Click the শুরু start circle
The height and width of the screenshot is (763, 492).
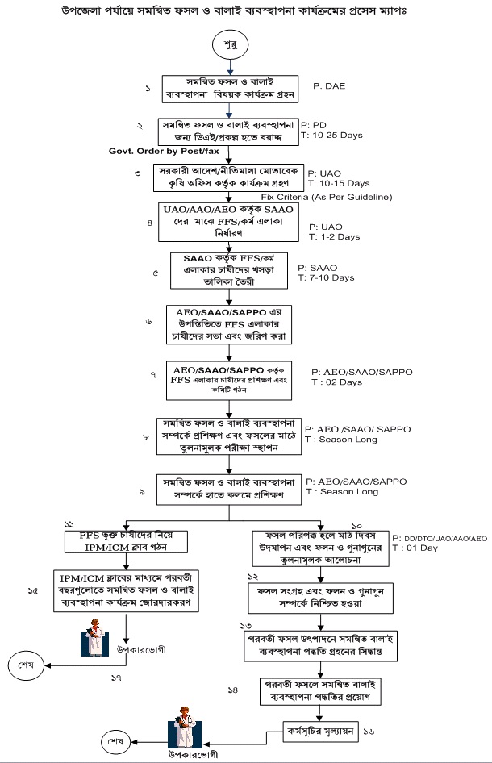coord(229,45)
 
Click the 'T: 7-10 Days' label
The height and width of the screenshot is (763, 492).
coord(327,277)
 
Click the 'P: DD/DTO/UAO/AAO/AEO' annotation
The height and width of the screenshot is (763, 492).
coord(440,537)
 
